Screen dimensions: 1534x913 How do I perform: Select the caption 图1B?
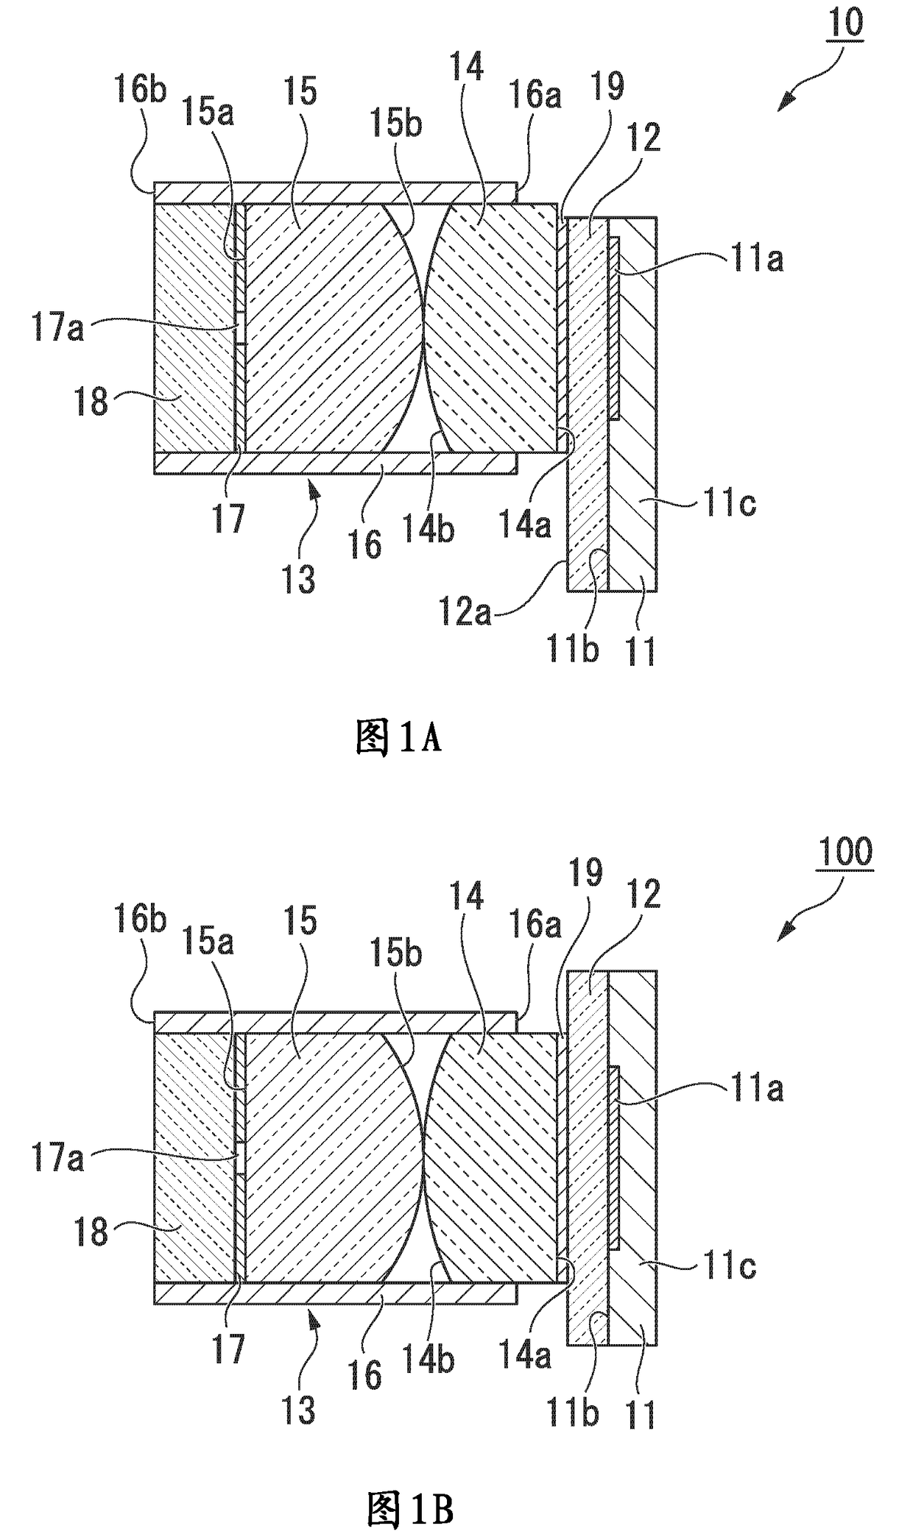(409, 1509)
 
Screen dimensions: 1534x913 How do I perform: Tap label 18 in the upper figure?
(91, 402)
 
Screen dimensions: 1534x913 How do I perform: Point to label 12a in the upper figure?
(465, 612)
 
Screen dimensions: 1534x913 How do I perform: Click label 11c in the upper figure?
(728, 505)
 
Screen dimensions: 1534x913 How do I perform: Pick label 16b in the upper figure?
(140, 91)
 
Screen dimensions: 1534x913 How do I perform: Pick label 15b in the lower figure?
(396, 954)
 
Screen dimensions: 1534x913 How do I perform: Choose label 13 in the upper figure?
(298, 579)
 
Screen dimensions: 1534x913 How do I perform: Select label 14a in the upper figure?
(524, 527)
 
